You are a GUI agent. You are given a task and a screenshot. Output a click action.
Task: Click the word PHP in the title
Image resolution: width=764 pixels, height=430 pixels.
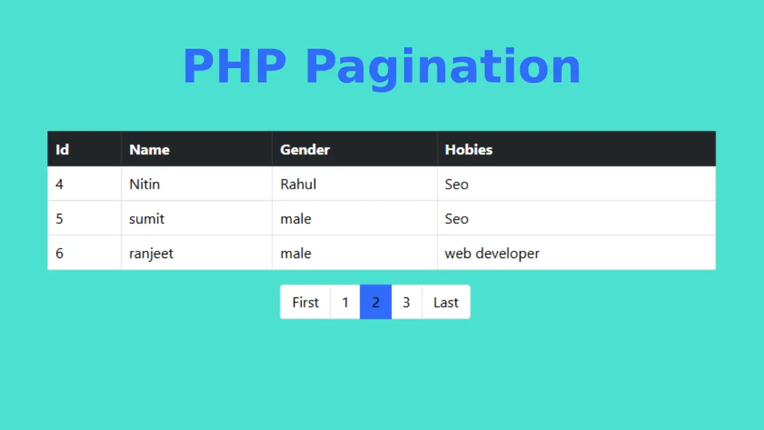click(235, 66)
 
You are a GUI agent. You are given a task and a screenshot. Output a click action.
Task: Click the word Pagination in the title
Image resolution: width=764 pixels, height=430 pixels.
click(443, 70)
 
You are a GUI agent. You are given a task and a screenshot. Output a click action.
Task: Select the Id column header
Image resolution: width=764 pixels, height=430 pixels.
click(63, 149)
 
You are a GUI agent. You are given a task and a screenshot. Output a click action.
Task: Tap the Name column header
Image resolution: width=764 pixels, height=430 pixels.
click(149, 150)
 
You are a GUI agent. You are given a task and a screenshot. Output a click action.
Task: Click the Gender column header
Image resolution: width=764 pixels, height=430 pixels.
click(305, 150)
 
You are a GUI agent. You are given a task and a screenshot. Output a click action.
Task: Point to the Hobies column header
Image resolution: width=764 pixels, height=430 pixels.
click(469, 149)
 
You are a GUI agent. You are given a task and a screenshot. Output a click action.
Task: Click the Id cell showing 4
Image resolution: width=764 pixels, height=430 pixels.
click(59, 185)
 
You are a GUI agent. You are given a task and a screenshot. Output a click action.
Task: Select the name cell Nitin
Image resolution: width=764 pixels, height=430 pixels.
click(144, 185)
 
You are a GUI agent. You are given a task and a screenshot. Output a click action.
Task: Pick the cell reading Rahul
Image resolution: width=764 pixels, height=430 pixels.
click(298, 185)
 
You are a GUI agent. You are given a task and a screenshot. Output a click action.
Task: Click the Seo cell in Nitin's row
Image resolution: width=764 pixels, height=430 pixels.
click(457, 185)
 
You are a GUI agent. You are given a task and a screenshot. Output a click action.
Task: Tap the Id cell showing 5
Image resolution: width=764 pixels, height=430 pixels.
click(59, 219)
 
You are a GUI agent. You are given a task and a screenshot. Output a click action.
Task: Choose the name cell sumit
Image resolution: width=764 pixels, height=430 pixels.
click(147, 219)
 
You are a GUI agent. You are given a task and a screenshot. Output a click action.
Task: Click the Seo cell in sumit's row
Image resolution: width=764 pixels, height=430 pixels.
click(457, 219)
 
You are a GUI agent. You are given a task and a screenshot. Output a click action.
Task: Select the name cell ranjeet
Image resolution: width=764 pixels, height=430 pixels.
click(151, 254)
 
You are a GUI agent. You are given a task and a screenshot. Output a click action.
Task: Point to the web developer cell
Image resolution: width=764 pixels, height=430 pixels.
click(492, 254)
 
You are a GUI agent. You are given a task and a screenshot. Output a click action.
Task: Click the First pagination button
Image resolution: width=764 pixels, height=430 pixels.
click(305, 302)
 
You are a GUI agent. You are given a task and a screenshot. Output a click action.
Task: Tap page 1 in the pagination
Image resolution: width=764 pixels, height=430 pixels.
click(345, 302)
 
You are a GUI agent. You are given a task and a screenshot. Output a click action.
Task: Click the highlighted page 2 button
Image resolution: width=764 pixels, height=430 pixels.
click(375, 302)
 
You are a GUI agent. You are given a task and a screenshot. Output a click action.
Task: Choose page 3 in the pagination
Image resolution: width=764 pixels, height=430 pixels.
click(406, 302)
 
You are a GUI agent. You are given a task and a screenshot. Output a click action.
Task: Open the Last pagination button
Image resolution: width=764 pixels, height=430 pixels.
click(446, 302)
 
